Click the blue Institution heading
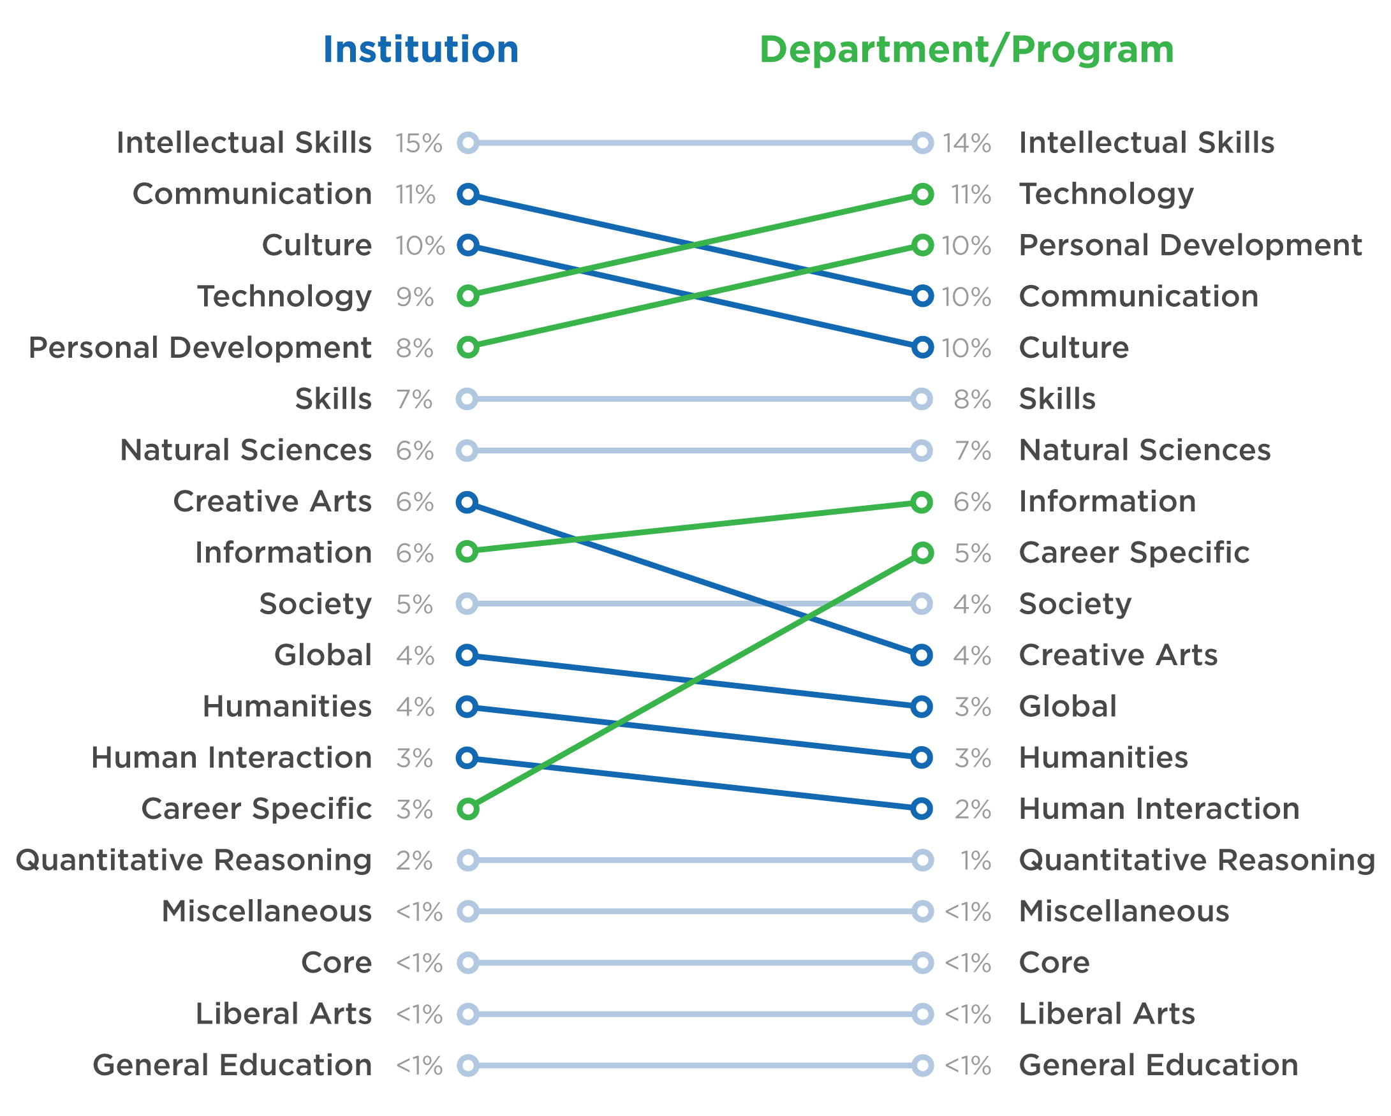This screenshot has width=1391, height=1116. (x=421, y=50)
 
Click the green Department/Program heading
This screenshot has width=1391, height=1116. (x=966, y=50)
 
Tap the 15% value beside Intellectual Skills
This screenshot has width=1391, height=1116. (x=419, y=143)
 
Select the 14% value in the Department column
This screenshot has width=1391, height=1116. (x=966, y=143)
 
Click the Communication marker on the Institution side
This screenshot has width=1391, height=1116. (x=467, y=194)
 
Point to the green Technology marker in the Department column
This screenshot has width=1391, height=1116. (x=923, y=194)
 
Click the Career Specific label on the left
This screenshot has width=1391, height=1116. (x=256, y=809)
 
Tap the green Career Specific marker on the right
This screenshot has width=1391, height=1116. (x=923, y=553)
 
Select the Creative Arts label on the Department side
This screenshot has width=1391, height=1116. (x=1117, y=656)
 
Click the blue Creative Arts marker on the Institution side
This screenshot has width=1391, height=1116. (x=467, y=502)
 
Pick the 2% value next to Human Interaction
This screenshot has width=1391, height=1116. (x=972, y=809)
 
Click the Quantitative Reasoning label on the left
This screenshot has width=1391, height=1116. (x=193, y=860)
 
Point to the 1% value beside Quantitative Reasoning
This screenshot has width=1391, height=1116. (x=975, y=860)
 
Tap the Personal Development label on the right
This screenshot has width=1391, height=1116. (x=1189, y=246)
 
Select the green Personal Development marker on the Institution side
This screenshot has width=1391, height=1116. (x=467, y=348)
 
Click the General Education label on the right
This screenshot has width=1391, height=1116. (x=1158, y=1065)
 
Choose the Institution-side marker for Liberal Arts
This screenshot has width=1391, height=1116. (x=467, y=1014)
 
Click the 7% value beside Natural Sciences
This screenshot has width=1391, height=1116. (x=972, y=451)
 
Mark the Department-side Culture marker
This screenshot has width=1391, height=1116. (x=923, y=348)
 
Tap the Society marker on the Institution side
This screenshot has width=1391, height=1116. (x=467, y=604)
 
